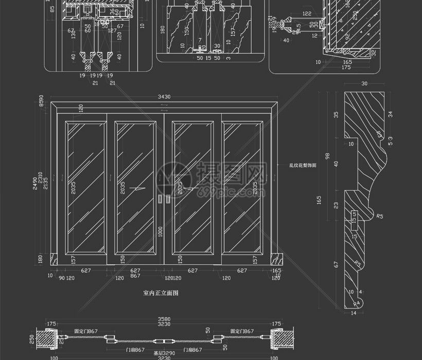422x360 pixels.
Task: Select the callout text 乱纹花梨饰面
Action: (303, 166)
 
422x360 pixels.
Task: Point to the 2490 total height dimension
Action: (35, 183)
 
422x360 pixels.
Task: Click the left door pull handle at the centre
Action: (160, 199)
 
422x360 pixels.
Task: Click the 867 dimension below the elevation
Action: (135, 277)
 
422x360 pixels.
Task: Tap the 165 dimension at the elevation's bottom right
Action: (276, 270)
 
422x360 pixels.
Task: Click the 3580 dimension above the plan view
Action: (164, 319)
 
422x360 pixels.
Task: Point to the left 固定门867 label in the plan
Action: (85, 331)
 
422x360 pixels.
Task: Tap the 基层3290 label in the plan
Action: (164, 353)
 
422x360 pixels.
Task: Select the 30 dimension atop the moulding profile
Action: (364, 83)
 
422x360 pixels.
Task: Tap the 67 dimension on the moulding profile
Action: (336, 264)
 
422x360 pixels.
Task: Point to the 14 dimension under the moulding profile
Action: (353, 313)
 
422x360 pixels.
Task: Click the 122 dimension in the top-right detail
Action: (307, 13)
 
